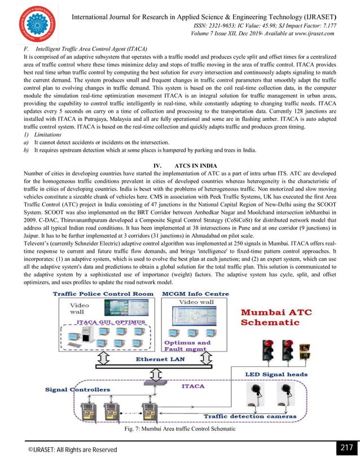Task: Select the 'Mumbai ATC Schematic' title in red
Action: pyautogui.click(x=278, y=318)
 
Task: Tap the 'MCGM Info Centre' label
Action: pyautogui.click(x=195, y=294)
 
